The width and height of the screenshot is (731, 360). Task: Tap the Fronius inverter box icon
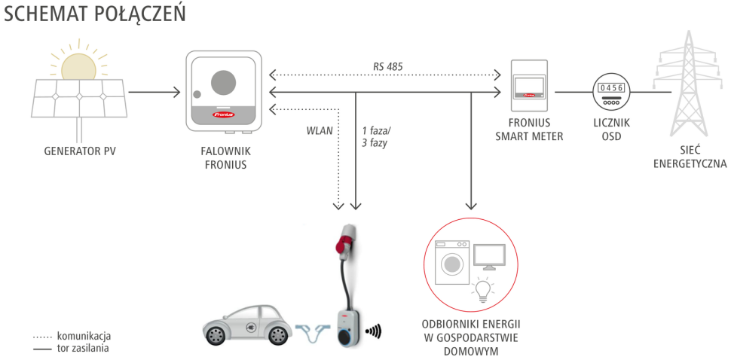point(225,91)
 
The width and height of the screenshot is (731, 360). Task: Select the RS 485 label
point(387,66)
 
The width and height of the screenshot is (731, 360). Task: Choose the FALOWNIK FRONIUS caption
point(225,157)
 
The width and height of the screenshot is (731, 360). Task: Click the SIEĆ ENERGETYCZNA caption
point(690,157)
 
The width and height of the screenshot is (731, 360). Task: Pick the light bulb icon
point(482,291)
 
